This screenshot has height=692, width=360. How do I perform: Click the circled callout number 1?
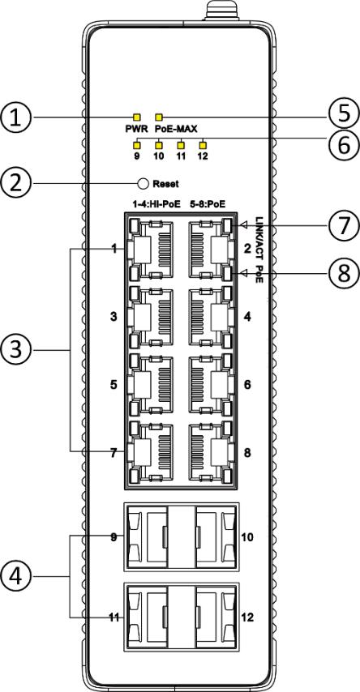(x=16, y=117)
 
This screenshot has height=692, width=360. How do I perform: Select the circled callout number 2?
(x=16, y=182)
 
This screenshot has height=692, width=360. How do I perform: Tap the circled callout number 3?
(x=16, y=350)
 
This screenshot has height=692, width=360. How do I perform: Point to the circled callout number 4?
(x=16, y=576)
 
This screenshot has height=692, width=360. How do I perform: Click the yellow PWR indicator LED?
(x=137, y=117)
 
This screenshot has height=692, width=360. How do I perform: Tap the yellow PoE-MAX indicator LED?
(x=160, y=117)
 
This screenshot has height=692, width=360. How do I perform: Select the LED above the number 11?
(x=181, y=144)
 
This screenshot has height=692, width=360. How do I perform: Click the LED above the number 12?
(x=203, y=144)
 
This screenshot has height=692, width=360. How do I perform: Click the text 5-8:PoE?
(x=207, y=204)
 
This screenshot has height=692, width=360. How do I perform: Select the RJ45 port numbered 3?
(x=150, y=317)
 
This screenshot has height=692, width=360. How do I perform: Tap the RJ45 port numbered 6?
(x=210, y=384)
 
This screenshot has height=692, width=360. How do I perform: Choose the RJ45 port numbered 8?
(x=210, y=452)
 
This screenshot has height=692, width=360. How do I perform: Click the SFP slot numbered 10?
(x=216, y=537)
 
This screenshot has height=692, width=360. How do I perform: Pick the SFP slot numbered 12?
(x=216, y=617)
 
